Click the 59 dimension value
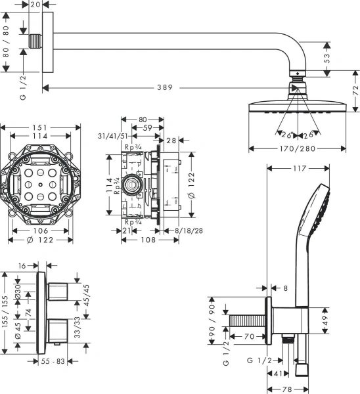(148, 129)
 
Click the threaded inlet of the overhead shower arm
(31, 42)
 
